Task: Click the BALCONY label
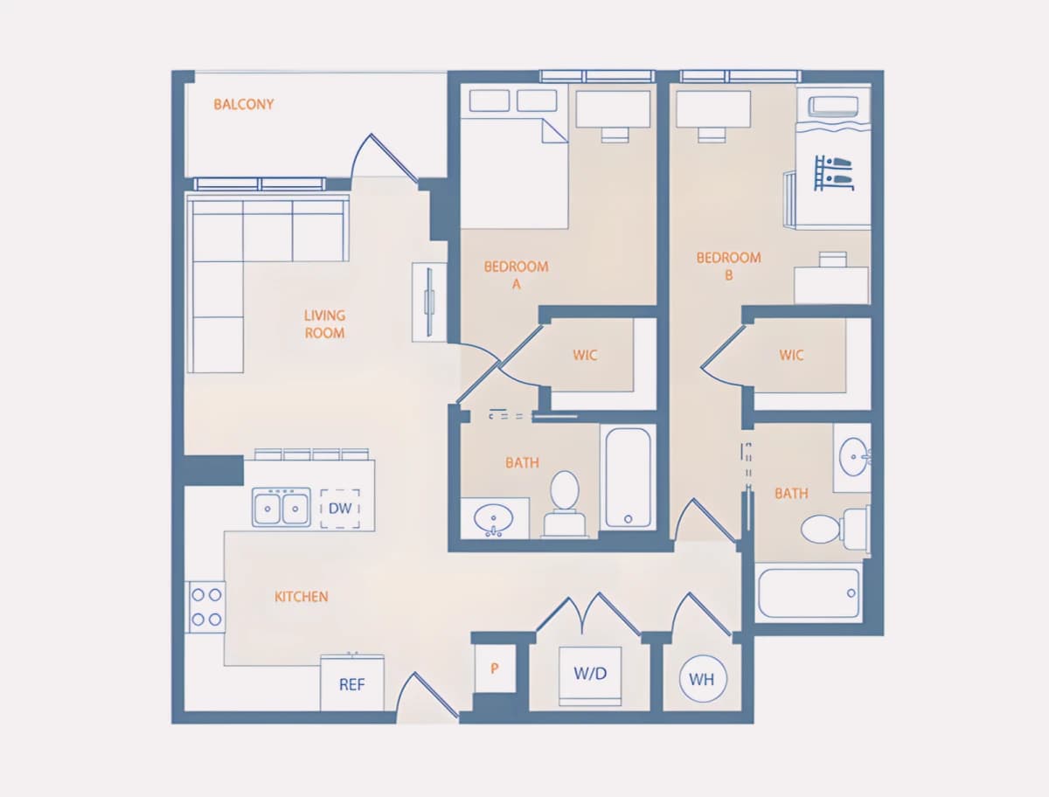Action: tap(244, 104)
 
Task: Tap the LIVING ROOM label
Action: tap(324, 324)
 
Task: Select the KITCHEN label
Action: tap(301, 596)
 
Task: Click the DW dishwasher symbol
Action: tap(340, 509)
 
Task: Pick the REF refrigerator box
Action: tap(352, 683)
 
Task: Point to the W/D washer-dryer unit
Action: tap(590, 676)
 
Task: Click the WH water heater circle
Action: tap(703, 678)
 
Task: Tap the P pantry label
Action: tap(495, 669)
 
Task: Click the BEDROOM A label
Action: tap(516, 275)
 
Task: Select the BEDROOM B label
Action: tap(728, 267)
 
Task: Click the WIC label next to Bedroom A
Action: tap(585, 355)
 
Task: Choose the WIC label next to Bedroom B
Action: tap(791, 355)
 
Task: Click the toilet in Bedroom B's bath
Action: tap(834, 529)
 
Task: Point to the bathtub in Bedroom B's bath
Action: tap(809, 593)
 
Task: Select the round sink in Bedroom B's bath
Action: tap(853, 457)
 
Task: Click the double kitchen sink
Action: tap(281, 508)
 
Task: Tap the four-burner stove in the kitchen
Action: tap(205, 607)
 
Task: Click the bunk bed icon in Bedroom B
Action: tap(833, 173)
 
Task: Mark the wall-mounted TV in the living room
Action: tap(429, 301)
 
